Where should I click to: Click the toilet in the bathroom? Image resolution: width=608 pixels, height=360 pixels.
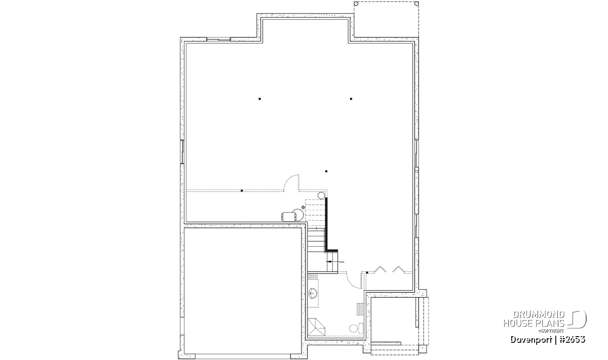click(x=356, y=328)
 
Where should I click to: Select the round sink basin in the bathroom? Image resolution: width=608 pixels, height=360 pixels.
click(x=313, y=294)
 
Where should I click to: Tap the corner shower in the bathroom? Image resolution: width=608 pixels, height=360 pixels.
click(x=316, y=327)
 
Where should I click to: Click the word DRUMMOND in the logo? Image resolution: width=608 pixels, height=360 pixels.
click(x=539, y=315)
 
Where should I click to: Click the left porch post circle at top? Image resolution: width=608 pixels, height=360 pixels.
click(x=356, y=4)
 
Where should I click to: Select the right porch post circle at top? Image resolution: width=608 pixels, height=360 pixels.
click(x=416, y=4)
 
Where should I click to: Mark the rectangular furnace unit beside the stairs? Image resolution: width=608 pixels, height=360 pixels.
click(x=289, y=217)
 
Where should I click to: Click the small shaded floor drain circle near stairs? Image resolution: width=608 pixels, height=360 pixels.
click(x=303, y=207)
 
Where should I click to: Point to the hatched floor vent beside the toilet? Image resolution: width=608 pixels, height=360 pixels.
click(x=360, y=309)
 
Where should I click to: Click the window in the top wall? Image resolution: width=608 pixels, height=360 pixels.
click(x=218, y=39)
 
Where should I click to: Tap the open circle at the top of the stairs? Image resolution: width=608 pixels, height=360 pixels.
click(x=321, y=195)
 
